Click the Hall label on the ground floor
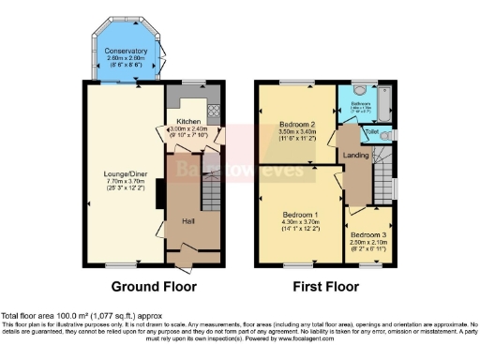click(188, 221)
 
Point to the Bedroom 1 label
click(301, 215)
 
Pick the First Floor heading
click(328, 286)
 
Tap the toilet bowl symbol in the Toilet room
click(391, 137)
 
